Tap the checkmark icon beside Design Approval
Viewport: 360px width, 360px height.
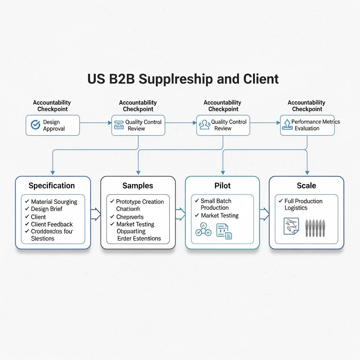pos(36,125)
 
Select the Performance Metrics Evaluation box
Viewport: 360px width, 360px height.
pos(307,125)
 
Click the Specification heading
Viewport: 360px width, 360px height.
pos(52,186)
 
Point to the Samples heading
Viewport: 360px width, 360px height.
pos(138,186)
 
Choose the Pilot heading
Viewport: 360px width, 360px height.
pos(222,186)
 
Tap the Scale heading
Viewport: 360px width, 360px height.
pos(306,186)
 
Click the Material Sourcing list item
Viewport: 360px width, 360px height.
pos(54,202)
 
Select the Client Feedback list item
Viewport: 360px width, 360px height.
pos(52,224)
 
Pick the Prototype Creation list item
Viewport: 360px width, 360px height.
pos(140,202)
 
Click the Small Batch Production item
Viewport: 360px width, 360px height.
pos(216,204)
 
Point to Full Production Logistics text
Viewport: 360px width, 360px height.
pos(303,204)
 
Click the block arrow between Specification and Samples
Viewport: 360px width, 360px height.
pos(96,213)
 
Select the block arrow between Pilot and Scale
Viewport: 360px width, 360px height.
pos(264,213)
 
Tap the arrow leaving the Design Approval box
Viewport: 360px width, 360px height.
pos(95,123)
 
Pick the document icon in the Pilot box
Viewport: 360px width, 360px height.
pos(224,232)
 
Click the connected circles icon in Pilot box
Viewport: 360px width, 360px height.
pos(203,230)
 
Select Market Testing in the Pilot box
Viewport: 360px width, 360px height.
pos(219,216)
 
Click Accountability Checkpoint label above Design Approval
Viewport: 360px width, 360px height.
pos(52,106)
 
